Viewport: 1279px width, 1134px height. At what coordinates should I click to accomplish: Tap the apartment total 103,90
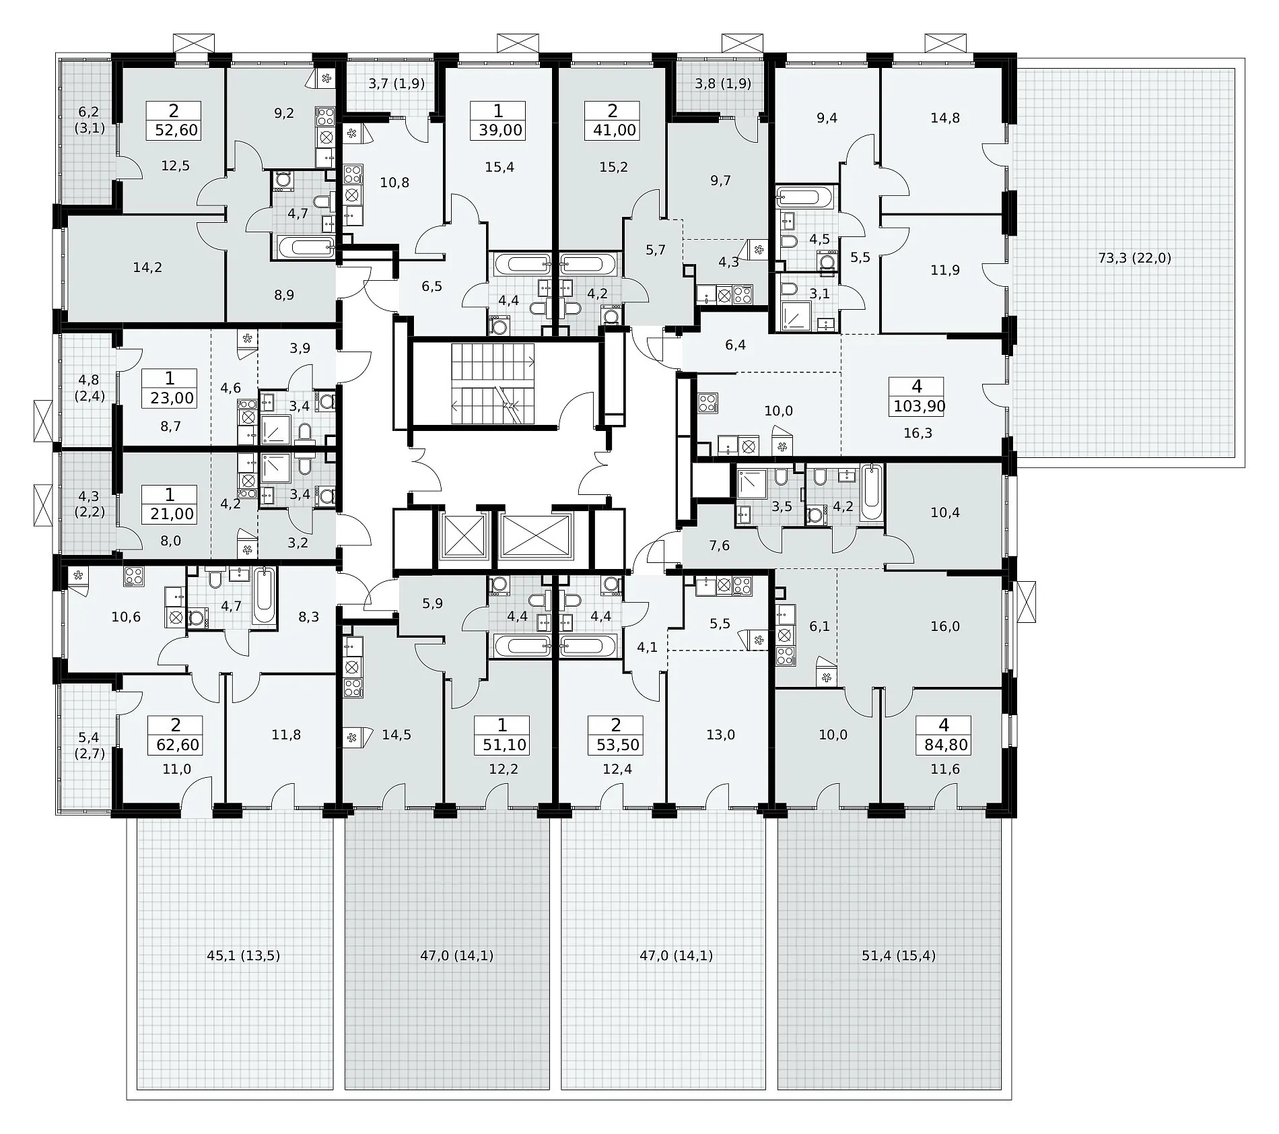coord(919,406)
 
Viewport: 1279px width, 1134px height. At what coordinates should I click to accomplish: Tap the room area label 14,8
coord(945,118)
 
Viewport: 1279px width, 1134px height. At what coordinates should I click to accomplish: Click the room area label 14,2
coord(147,267)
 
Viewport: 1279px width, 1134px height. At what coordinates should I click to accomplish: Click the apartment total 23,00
coord(172,398)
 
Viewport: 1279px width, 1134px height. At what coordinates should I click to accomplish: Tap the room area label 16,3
coord(918,433)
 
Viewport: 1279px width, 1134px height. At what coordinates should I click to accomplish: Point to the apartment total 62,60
coord(177,745)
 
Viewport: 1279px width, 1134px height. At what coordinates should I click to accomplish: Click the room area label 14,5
coord(396,735)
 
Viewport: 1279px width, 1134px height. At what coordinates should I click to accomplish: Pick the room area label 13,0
coord(720,735)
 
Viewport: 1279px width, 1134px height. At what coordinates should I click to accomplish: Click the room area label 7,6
coord(720,545)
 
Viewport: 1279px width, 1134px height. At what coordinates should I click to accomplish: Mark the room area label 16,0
coord(945,626)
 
